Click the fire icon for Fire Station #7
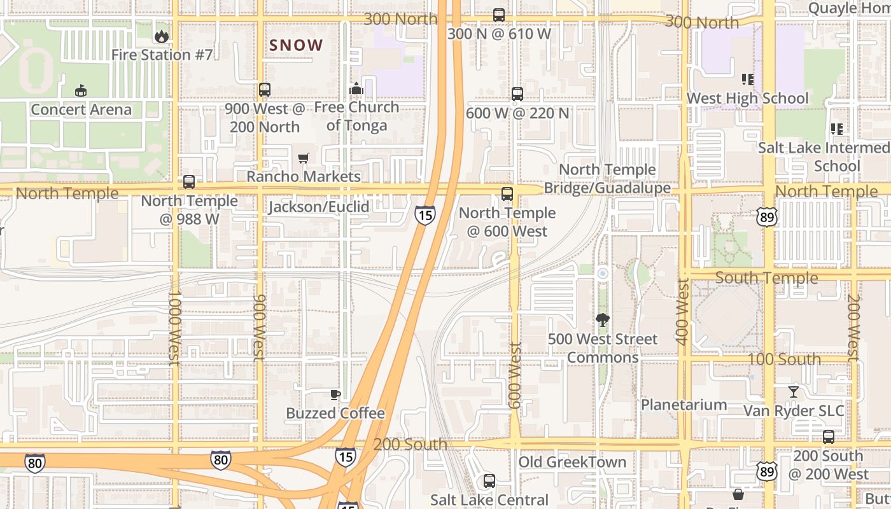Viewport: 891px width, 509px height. coord(162,36)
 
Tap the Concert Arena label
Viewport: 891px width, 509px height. coord(81,109)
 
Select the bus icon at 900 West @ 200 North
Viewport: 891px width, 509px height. coord(265,90)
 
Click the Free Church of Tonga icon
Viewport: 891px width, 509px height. coord(356,88)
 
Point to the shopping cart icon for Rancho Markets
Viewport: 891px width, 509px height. coord(304,157)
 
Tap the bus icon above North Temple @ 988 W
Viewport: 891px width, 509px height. coord(189,182)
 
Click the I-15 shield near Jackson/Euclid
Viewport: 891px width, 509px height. coord(425,215)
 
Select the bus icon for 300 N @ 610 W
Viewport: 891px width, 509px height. coord(499,15)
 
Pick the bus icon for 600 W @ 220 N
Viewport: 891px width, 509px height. coord(517,94)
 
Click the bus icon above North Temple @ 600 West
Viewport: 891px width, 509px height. coord(507,194)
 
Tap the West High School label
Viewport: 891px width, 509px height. coord(747,99)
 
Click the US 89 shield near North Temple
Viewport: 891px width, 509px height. coord(767,216)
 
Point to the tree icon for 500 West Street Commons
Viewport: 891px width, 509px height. coord(602,319)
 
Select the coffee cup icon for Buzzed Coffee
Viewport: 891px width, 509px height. coord(335,394)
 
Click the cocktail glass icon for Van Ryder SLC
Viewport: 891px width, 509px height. coord(794,391)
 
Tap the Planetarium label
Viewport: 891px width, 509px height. coord(684,405)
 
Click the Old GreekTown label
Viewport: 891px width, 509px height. coord(572,462)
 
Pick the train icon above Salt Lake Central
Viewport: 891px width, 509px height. coord(489,481)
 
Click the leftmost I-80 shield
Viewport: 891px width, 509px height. coord(35,463)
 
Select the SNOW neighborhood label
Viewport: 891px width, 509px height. coord(297,45)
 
